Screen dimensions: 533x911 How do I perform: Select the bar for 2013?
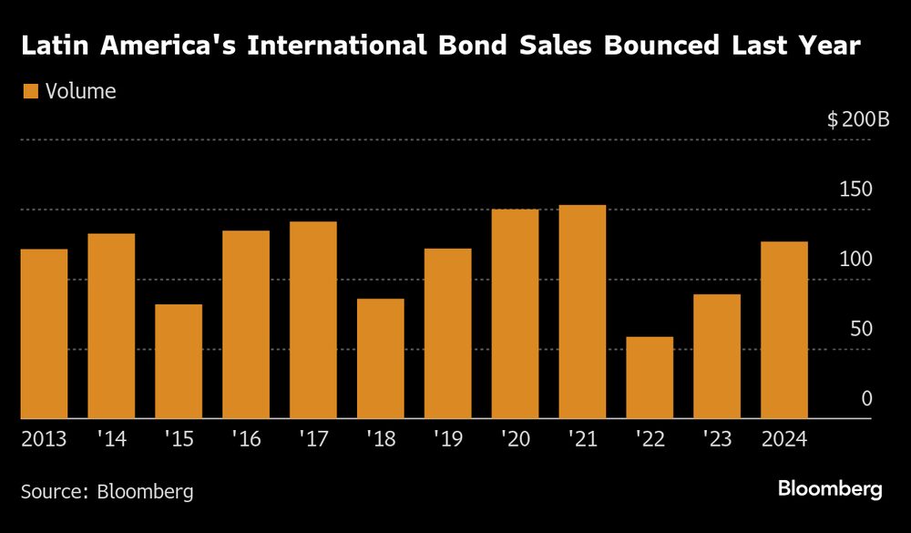[44, 333]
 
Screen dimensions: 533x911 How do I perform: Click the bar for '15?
[179, 361]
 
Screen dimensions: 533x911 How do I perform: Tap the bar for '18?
[381, 358]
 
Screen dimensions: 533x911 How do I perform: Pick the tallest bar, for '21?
[582, 312]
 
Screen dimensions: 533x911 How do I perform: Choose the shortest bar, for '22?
[650, 377]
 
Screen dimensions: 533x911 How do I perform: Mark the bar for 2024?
[784, 330]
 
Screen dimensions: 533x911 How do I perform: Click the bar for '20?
[515, 313]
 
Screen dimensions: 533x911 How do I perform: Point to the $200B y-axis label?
[857, 119]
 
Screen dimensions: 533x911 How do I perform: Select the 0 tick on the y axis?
[866, 399]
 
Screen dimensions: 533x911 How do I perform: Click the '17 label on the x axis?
[313, 439]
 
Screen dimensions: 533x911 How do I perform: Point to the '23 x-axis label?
[717, 439]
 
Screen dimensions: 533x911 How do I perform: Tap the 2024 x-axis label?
[784, 439]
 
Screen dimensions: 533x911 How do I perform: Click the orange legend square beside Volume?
[30, 91]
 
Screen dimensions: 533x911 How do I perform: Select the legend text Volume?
[80, 91]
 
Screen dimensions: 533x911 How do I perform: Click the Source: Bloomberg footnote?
[107, 491]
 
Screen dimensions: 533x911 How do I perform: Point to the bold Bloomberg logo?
[830, 489]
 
